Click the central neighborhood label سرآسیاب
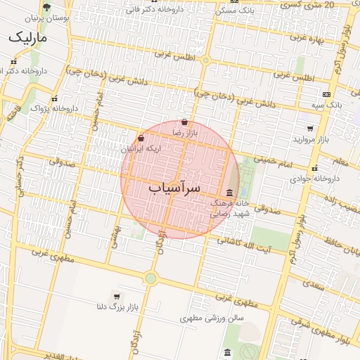(175, 188)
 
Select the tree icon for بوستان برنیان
(47, 8)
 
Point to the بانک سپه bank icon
(326, 94)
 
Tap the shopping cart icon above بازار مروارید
(310, 129)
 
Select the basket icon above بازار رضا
(184, 122)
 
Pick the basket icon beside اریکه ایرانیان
(141, 139)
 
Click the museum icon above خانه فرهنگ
(230, 193)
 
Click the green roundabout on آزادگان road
(150, 278)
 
